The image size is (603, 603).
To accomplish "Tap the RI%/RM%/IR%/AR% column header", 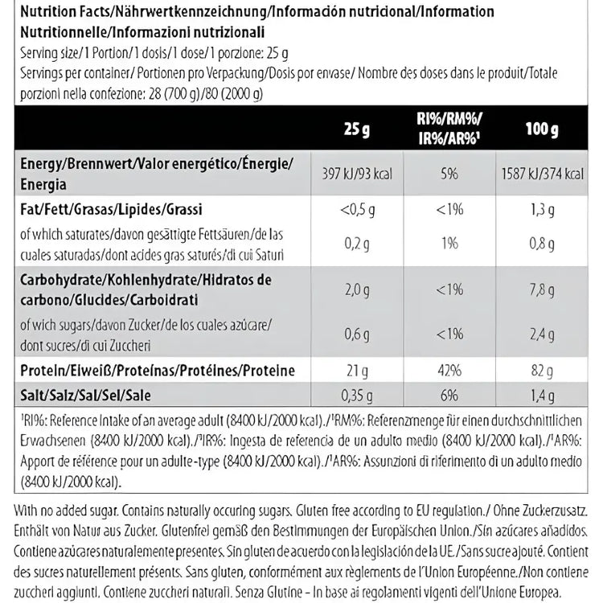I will point(449,129).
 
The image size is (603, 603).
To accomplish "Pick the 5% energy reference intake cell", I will point(449,174).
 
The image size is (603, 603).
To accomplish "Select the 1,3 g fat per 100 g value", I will point(542,211).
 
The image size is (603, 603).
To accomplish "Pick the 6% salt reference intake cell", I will point(449,395).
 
